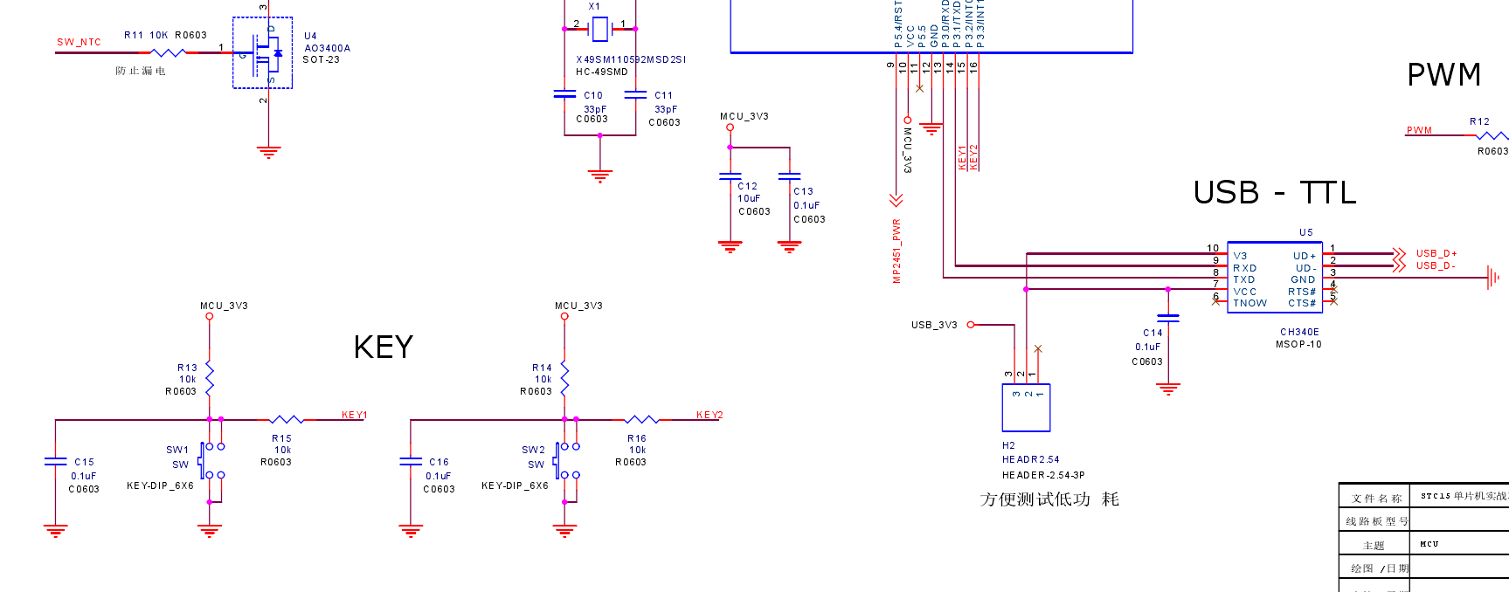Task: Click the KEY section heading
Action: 383,348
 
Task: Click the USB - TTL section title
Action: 1274,193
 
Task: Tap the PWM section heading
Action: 1443,75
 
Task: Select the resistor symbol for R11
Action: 167,53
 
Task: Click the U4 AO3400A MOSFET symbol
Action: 262,52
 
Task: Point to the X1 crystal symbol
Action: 599,29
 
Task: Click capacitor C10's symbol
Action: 564,93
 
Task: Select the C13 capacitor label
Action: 803,191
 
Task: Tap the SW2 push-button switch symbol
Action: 564,461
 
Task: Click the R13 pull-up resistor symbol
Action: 210,378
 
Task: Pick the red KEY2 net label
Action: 709,415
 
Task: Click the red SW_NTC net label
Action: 79,42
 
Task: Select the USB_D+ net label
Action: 1436,253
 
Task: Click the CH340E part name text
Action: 1299,332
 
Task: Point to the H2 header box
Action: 1026,408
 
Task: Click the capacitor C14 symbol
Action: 1167,318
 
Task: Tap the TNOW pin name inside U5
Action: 1249,303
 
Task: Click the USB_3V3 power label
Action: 933,325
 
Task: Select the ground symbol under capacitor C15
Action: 55,530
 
